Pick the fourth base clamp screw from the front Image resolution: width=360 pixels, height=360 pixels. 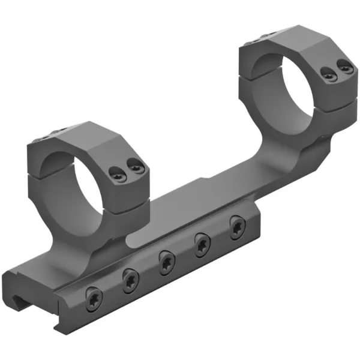pos(201,245)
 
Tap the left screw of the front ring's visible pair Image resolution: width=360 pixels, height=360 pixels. pos(118,175)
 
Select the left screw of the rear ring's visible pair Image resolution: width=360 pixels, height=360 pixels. pos(327,75)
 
